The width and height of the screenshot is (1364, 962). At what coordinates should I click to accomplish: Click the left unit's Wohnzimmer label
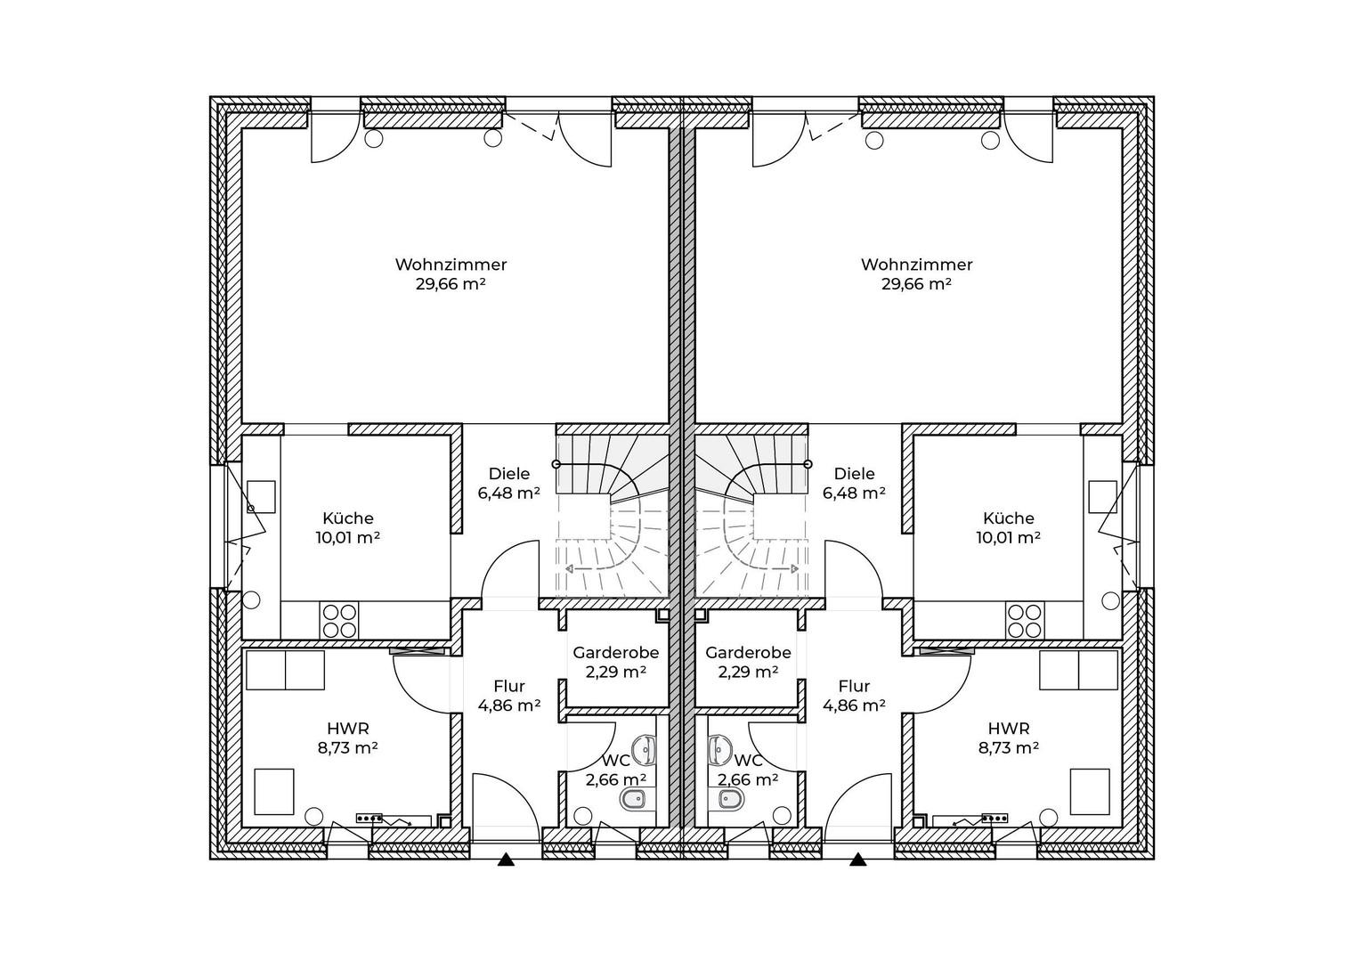click(x=451, y=265)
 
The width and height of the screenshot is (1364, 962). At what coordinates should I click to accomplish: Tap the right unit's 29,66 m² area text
click(x=916, y=284)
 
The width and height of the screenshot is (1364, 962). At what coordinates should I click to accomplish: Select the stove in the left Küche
click(x=339, y=620)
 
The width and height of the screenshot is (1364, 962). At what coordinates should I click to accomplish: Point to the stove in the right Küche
click(x=1025, y=620)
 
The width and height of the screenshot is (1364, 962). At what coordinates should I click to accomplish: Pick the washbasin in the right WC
click(x=719, y=750)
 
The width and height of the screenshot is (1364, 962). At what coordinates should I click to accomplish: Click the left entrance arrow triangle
click(x=506, y=860)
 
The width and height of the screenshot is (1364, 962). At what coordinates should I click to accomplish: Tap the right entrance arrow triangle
click(x=858, y=860)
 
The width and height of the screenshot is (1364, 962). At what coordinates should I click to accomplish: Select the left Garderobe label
click(x=615, y=653)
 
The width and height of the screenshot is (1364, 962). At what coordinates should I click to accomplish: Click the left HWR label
click(x=348, y=728)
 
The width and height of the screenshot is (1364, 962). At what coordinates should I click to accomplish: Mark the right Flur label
click(x=854, y=686)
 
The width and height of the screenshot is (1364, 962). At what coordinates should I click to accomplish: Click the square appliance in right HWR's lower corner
click(x=1090, y=791)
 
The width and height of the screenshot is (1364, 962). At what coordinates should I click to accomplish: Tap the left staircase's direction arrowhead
click(x=569, y=569)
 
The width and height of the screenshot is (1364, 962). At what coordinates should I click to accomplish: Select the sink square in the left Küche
click(x=261, y=496)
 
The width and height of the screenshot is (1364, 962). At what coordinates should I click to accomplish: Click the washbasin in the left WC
click(x=645, y=750)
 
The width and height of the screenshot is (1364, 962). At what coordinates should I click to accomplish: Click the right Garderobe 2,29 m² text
click(x=748, y=672)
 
